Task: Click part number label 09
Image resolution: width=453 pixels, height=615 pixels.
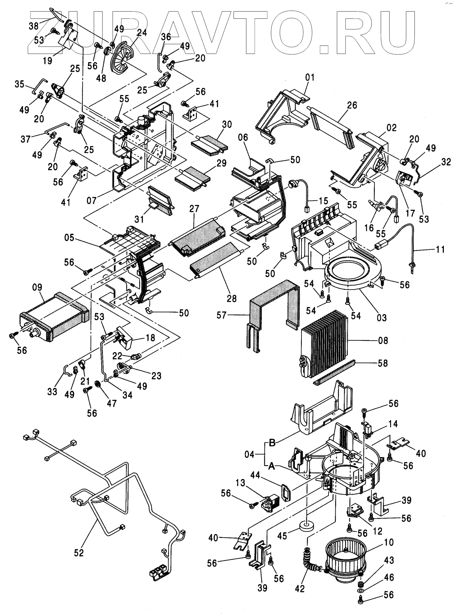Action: click(x=38, y=288)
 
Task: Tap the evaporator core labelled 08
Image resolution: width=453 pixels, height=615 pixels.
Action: click(x=324, y=348)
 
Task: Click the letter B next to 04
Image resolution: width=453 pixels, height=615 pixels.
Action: click(x=272, y=442)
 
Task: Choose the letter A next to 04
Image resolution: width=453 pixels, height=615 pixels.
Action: click(x=271, y=466)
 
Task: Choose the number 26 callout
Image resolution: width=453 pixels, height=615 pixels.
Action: click(x=352, y=105)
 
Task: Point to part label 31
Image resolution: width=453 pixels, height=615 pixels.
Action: click(x=139, y=219)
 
